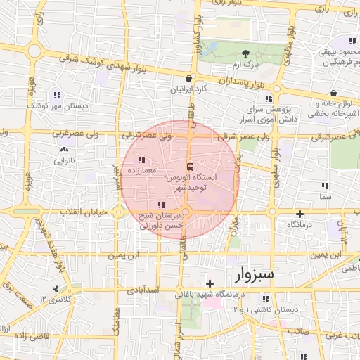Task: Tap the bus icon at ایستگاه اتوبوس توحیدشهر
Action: pyautogui.click(x=190, y=167)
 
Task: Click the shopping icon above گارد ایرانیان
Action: pyautogui.click(x=189, y=79)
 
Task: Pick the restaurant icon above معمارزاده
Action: pyautogui.click(x=141, y=160)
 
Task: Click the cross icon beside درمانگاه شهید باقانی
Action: pyautogui.click(x=210, y=283)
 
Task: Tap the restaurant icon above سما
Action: pyautogui.click(x=324, y=186)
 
